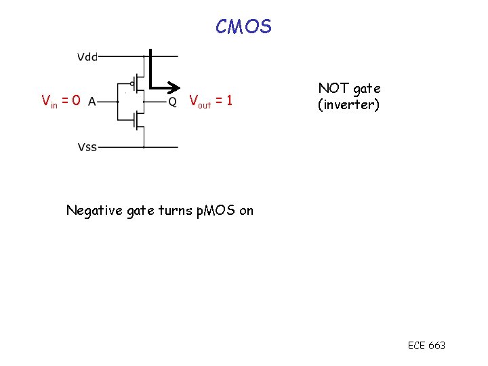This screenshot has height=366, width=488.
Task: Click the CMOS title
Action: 243,26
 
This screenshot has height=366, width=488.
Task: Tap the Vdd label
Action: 87,57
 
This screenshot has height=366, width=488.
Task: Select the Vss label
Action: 87,147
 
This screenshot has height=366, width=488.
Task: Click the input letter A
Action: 91,102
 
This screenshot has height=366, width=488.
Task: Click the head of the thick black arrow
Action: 175,87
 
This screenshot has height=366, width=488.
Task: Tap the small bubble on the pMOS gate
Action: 133,84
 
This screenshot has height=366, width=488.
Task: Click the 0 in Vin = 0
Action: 76,101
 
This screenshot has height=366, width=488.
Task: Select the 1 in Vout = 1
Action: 230,101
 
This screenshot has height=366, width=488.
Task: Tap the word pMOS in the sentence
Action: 214,210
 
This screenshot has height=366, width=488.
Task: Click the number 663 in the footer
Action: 437,346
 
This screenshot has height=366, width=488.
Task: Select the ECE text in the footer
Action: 416,346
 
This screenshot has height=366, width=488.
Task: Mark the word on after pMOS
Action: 246,210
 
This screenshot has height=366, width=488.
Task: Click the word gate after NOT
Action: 367,88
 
